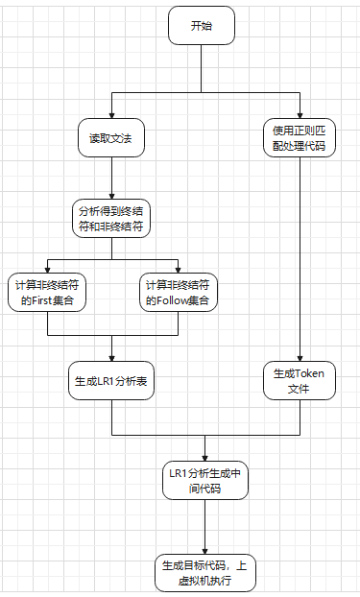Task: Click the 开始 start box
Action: pyautogui.click(x=202, y=26)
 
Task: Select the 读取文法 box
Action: pyautogui.click(x=111, y=139)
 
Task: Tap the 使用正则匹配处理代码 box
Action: pyautogui.click(x=300, y=137)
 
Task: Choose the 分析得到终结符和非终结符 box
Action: pyautogui.click(x=111, y=220)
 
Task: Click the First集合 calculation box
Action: pyautogui.click(x=47, y=293)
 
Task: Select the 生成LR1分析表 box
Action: pyautogui.click(x=111, y=380)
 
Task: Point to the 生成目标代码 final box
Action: pyautogui.click(x=205, y=573)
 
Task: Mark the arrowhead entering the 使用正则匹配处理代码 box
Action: pyautogui.click(x=300, y=112)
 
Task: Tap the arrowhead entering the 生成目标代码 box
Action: pyautogui.click(x=205, y=549)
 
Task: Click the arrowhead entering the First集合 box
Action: pyautogui.click(x=47, y=268)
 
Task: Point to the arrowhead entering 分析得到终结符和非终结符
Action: pyautogui.click(x=111, y=195)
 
